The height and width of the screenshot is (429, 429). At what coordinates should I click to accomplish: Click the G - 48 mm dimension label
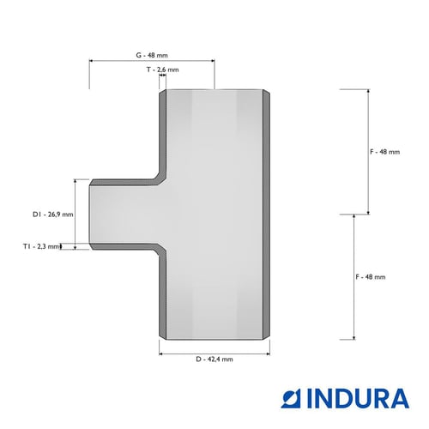[152, 55]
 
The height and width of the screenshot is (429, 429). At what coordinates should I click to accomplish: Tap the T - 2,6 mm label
[163, 69]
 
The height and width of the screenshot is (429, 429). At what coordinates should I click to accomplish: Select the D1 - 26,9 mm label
[53, 214]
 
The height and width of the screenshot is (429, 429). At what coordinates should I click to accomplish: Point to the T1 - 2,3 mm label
[42, 246]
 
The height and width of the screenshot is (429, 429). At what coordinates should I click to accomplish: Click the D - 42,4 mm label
[214, 360]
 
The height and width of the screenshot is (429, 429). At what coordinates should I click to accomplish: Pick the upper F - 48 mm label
[385, 152]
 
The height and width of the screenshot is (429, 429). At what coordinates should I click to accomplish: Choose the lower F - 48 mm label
[371, 277]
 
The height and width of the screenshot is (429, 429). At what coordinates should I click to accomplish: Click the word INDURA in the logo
[358, 398]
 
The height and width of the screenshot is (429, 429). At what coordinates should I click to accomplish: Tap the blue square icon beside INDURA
[291, 398]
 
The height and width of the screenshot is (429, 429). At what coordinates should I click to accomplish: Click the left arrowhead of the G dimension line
[91, 61]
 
